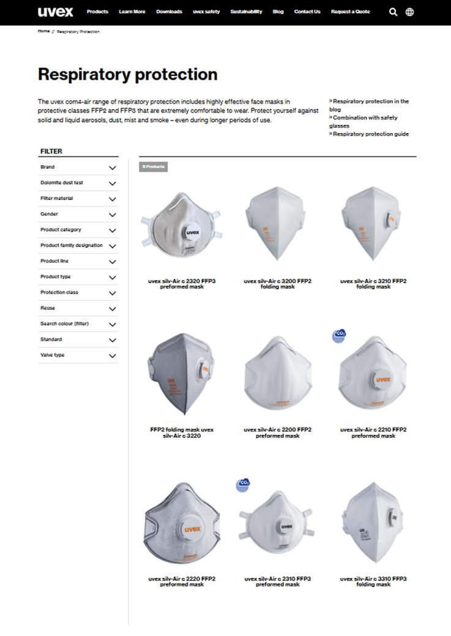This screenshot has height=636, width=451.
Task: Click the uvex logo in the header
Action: coord(55,12)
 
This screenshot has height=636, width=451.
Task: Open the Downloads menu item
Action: coord(169,12)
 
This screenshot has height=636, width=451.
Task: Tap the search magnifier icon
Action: coord(393,12)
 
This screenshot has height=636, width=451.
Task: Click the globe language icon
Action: coord(409,12)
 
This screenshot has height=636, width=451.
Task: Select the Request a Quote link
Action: coord(350,12)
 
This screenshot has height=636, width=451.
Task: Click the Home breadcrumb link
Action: coord(43,31)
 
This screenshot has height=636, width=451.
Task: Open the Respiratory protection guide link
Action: coord(370,134)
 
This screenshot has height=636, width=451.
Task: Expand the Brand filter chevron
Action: coord(112,168)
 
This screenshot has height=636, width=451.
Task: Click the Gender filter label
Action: coord(50,214)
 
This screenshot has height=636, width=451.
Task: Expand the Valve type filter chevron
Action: coord(112,355)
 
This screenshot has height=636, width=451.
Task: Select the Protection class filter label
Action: coord(59,292)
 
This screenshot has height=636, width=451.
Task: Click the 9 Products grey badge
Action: coord(153,166)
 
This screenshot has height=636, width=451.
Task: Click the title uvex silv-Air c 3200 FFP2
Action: coord(277,284)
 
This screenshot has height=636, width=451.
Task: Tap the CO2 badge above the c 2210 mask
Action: coord(338,335)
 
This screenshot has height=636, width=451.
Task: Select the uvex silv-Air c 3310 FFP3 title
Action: coord(373,581)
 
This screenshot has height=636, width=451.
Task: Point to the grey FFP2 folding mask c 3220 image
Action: coord(182,374)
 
